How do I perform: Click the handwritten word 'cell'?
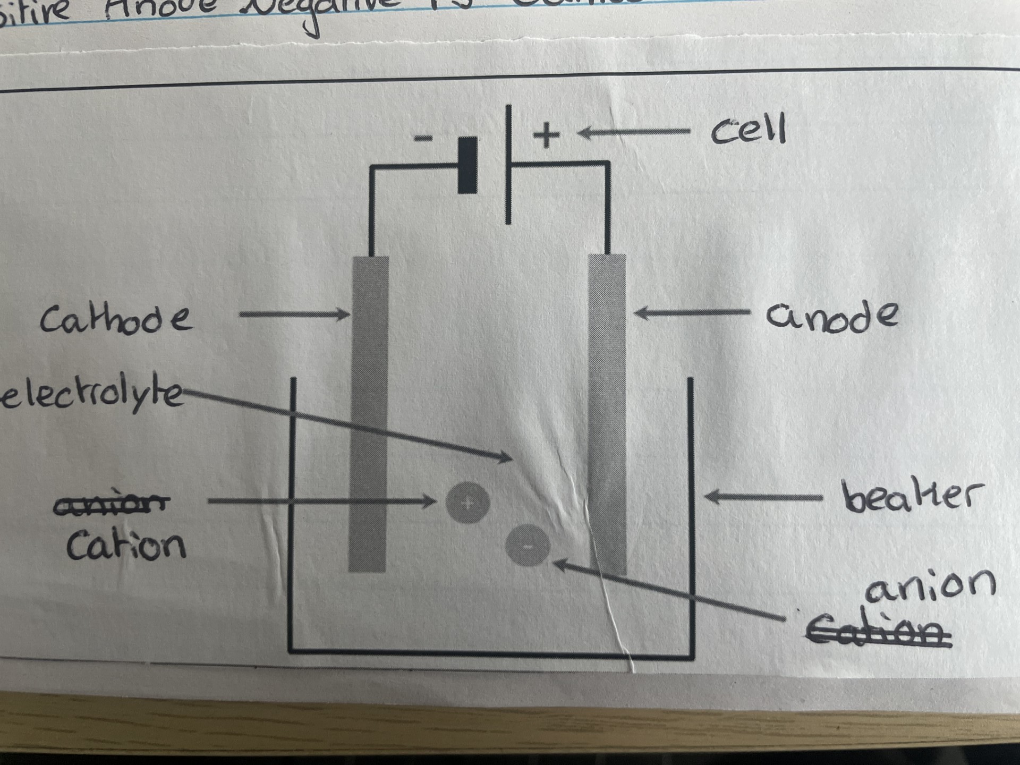pos(748,130)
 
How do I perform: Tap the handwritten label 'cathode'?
pos(116,319)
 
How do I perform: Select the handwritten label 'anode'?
pos(831,317)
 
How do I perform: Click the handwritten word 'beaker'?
pos(912,497)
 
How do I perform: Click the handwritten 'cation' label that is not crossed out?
pos(126,545)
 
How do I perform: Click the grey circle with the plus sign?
pos(467,503)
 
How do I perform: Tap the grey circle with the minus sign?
pos(528,545)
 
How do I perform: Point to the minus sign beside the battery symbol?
pos(423,139)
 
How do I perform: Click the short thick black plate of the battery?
pos(467,165)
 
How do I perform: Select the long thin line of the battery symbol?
pos(508,165)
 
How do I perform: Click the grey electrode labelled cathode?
pos(369,414)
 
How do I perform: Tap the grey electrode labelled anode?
pos(607,414)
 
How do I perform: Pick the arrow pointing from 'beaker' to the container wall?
pos(763,497)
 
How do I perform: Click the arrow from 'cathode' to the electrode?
pos(294,314)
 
